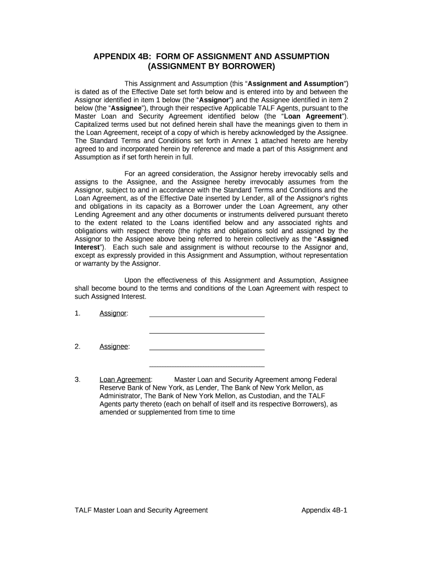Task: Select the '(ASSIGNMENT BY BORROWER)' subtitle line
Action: click(211, 67)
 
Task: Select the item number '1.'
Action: click(77, 313)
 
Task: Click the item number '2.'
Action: click(77, 346)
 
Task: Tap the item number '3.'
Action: click(77, 379)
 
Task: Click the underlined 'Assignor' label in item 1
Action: click(113, 313)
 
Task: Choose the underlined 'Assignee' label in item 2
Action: click(114, 346)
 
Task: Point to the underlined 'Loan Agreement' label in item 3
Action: click(125, 379)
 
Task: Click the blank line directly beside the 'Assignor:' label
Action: click(207, 316)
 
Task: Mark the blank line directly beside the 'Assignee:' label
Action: click(207, 349)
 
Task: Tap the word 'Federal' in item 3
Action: click(325, 379)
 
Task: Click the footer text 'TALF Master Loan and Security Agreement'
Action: click(141, 510)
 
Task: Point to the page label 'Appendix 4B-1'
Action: click(325, 510)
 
